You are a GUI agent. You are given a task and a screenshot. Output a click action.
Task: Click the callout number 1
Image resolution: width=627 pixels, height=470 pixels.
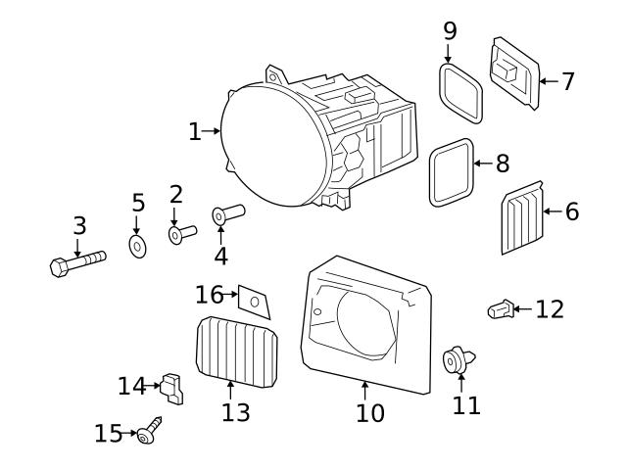(195, 131)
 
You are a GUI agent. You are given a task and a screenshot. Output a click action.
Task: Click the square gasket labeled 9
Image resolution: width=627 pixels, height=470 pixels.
(459, 91)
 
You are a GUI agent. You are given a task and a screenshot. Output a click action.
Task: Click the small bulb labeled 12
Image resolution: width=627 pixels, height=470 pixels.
(500, 310)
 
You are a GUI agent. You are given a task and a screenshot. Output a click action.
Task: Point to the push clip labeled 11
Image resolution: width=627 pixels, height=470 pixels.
(458, 360)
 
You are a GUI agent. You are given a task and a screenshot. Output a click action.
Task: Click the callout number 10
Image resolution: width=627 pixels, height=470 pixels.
(370, 413)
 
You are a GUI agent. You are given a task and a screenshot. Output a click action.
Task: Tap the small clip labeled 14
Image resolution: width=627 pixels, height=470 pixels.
(173, 387)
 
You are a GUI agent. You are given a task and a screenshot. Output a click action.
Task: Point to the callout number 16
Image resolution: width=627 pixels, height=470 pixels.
(210, 294)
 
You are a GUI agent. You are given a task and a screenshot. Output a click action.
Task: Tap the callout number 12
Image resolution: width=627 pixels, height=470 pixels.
(550, 309)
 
